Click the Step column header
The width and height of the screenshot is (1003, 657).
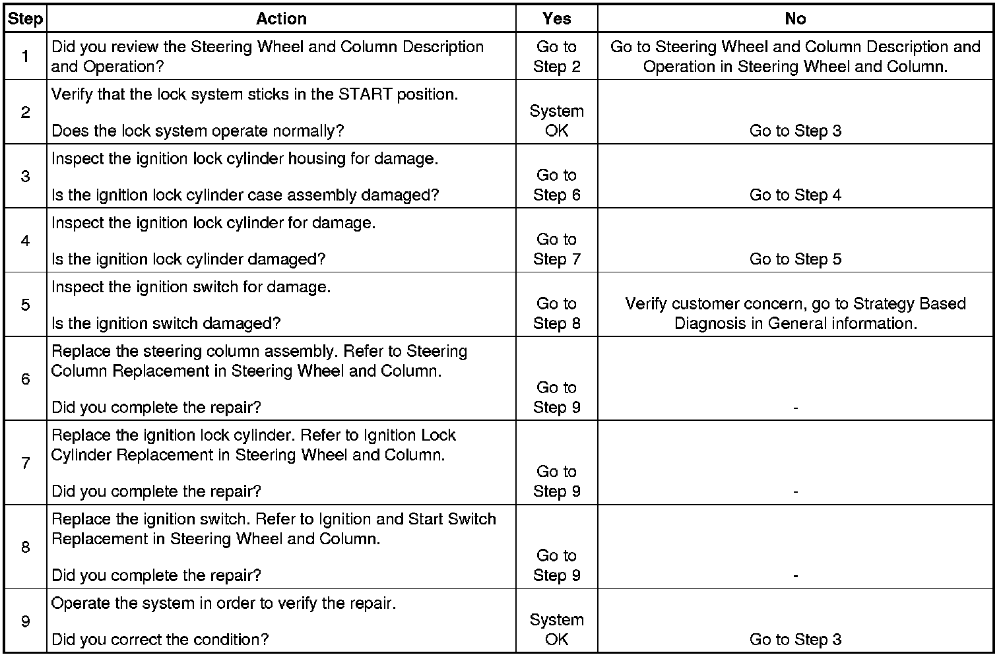click(x=25, y=19)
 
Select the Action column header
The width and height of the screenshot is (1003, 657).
click(x=281, y=19)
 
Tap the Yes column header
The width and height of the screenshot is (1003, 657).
click(x=556, y=19)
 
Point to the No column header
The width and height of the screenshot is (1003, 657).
click(x=795, y=19)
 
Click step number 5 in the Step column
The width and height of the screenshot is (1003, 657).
click(x=25, y=305)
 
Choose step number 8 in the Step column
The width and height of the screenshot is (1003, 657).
click(x=25, y=547)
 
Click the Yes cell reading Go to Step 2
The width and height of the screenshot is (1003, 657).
click(x=556, y=57)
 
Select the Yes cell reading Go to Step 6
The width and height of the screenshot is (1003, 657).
click(x=556, y=185)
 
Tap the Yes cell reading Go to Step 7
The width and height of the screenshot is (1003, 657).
click(x=556, y=249)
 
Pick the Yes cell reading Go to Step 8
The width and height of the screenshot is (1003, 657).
click(x=556, y=313)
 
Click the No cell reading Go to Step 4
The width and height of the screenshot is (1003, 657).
click(x=795, y=195)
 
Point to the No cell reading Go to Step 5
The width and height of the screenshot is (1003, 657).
click(x=795, y=259)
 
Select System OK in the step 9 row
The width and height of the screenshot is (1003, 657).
click(x=556, y=629)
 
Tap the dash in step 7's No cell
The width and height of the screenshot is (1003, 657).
click(x=795, y=492)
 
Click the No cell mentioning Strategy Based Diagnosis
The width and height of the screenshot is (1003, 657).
click(x=795, y=313)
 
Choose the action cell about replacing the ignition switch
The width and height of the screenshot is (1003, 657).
click(x=273, y=529)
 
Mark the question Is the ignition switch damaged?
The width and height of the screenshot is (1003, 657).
click(x=166, y=323)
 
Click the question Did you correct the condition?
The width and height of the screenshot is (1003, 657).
click(x=160, y=639)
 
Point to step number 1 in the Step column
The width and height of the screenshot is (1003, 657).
click(x=25, y=57)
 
